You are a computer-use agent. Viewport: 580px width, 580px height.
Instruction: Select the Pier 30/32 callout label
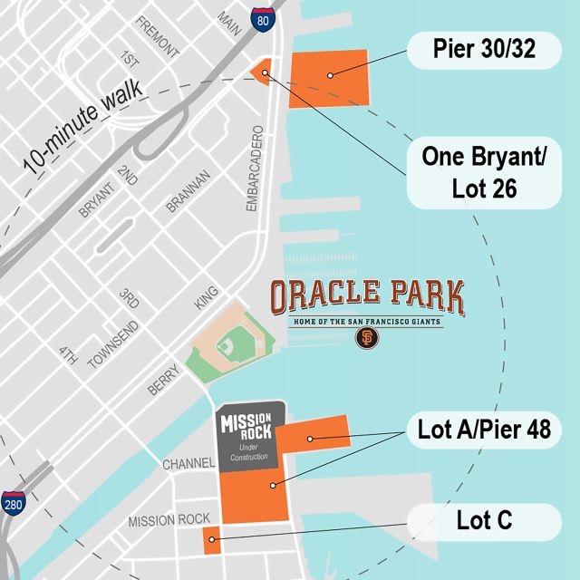click(x=483, y=51)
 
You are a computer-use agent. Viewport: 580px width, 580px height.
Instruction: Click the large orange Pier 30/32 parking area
click(x=328, y=79)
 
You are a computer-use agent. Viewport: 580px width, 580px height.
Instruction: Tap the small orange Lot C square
click(x=210, y=539)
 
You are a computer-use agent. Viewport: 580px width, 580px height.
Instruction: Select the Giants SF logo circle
click(x=367, y=338)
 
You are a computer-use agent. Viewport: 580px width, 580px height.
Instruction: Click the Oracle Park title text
click(x=367, y=296)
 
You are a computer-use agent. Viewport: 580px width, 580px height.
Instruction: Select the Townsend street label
click(x=115, y=345)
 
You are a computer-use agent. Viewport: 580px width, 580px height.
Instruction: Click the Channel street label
click(x=188, y=464)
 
